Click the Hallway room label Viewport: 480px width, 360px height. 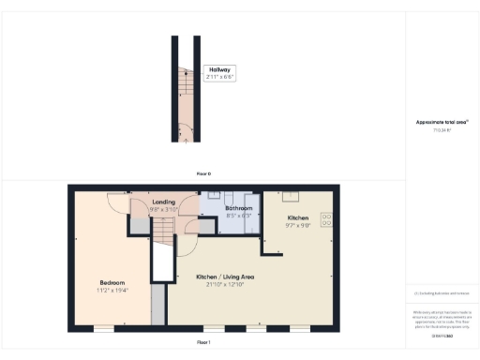point(219,68)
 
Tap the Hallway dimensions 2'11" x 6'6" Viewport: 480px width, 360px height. point(219,77)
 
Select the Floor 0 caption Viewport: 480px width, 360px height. point(203,174)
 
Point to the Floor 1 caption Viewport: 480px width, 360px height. point(203,344)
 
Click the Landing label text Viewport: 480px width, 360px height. point(139,202)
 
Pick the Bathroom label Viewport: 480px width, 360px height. point(240,208)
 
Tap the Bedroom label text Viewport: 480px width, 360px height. point(113,282)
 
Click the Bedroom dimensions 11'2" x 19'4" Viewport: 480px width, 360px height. point(113,291)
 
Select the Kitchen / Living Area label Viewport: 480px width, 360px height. point(226,277)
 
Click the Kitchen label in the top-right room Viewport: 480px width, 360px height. point(298,217)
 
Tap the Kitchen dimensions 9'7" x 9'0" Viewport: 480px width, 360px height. point(298,226)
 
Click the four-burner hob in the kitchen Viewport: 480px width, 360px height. point(327,220)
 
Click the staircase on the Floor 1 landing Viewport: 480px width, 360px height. point(163,231)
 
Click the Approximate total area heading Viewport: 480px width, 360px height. point(442,123)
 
